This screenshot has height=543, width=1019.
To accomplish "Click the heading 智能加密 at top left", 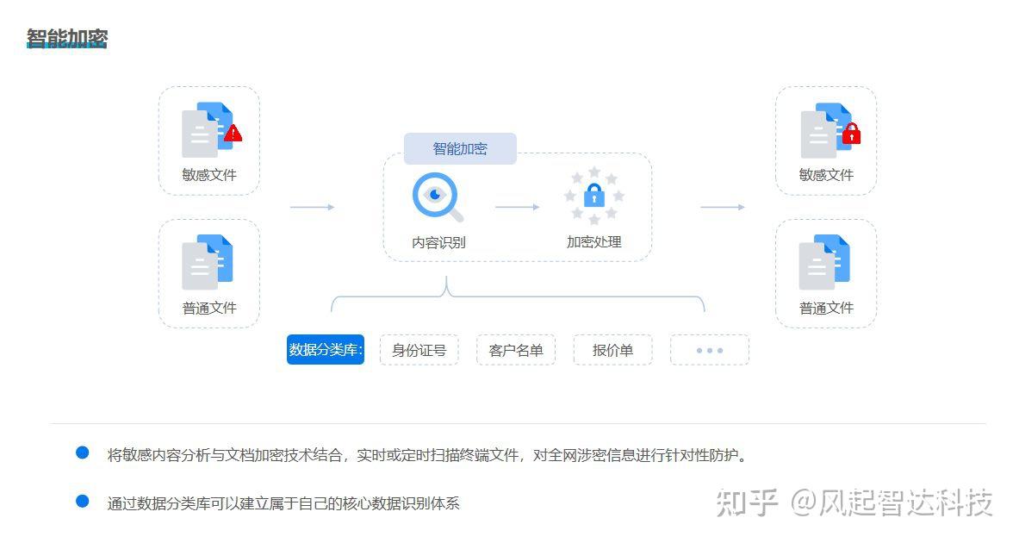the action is [67, 39].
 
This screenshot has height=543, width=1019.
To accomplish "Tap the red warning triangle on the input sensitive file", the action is [233, 134].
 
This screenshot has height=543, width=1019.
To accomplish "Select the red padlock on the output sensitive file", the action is [851, 134].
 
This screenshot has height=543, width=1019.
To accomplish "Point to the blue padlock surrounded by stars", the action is [594, 196].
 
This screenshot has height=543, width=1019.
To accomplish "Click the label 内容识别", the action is [438, 242].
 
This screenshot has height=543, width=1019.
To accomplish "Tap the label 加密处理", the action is [593, 242].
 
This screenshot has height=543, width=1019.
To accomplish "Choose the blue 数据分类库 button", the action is [326, 350].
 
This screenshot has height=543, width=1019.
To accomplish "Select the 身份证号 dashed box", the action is [419, 350].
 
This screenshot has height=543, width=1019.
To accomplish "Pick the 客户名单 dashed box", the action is [516, 350].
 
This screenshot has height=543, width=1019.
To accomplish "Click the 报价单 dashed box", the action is [612, 350].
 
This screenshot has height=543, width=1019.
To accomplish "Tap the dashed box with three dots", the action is [709, 350].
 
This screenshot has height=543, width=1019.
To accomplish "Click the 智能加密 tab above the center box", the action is [460, 148].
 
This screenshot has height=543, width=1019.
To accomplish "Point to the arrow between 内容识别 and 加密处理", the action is [517, 207].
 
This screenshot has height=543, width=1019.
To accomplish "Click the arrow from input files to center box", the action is [312, 207].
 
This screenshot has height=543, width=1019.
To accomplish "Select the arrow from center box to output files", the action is [722, 207].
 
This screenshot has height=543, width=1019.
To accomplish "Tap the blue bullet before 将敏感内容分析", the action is [83, 452].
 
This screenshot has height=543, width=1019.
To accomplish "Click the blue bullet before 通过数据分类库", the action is [83, 501].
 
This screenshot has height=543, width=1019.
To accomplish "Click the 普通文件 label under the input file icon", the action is [209, 308].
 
